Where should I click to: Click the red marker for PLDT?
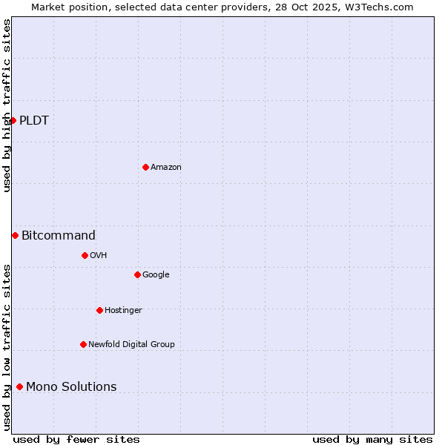[13, 120]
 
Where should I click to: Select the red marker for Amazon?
[145, 167]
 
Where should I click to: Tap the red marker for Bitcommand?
[15, 235]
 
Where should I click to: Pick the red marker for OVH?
[85, 255]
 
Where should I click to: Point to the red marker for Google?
[137, 274]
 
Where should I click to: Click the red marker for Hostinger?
[99, 310]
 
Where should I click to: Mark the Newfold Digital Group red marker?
[83, 344]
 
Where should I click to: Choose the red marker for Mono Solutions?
[19, 386]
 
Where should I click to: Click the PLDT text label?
[34, 121]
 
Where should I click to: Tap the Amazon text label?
[166, 168]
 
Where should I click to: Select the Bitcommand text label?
[59, 236]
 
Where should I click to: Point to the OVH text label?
[99, 256]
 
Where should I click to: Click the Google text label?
[156, 275]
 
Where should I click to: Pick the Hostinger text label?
[123, 310]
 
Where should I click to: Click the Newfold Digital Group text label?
[132, 344]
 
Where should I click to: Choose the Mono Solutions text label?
[71, 387]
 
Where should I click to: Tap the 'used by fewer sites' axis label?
[76, 439]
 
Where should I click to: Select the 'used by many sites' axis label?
[372, 439]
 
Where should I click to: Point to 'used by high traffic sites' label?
[7, 105]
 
